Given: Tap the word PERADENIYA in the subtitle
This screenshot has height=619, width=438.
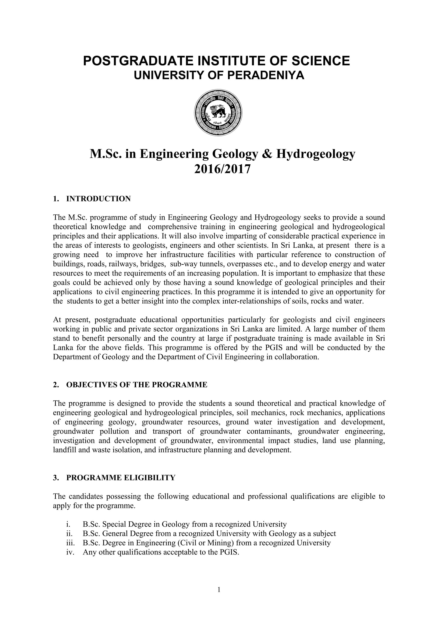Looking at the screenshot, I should (266, 75).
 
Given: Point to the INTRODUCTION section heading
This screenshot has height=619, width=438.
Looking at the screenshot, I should (98, 199).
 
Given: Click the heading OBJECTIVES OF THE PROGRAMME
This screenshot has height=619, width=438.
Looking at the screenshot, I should (137, 385).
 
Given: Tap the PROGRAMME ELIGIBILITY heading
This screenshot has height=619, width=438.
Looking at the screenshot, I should (121, 478).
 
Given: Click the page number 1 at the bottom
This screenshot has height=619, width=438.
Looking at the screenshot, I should (219, 590).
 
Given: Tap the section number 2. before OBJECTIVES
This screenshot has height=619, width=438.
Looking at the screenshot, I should (56, 385).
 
